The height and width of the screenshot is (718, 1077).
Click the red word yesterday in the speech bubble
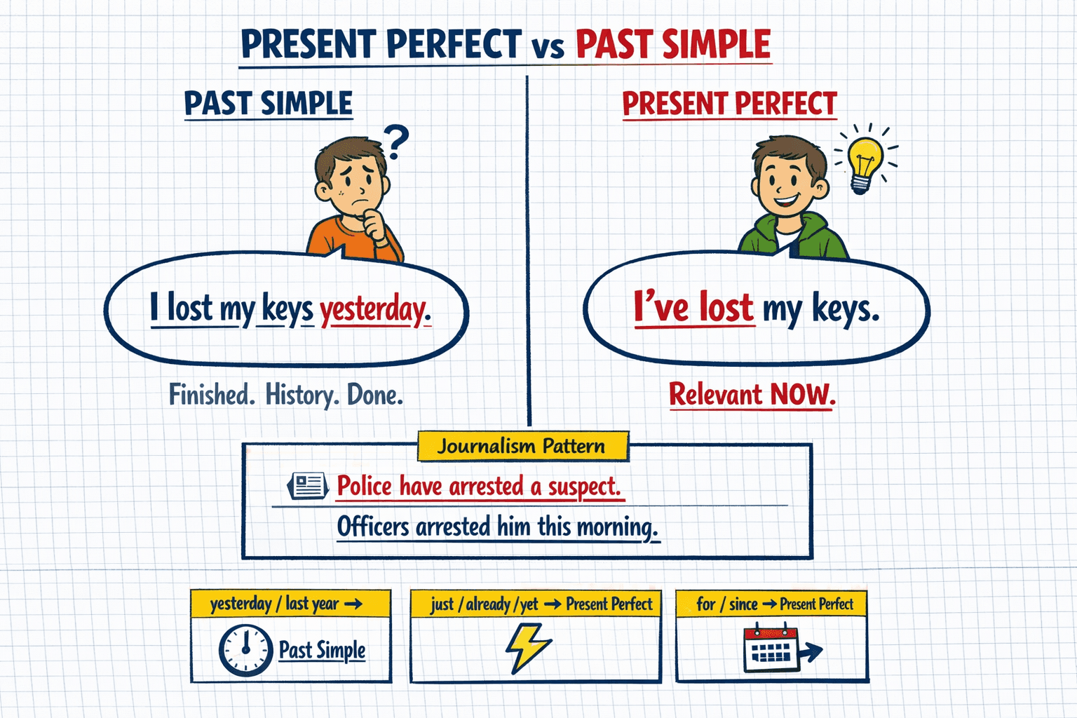375,310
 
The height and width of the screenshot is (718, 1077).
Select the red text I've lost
693,307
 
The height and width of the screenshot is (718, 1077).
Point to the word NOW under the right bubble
802,395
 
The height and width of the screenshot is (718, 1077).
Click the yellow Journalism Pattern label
522,447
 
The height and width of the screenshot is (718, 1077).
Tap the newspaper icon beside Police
308,485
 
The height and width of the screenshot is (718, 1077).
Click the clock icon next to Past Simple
245,650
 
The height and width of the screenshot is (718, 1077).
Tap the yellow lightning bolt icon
527,647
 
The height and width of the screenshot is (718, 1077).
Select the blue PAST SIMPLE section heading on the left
268,104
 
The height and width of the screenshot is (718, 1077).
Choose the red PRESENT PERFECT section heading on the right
729,104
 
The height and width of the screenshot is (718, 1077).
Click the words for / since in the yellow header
726,604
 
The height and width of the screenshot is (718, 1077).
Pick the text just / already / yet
484,604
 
